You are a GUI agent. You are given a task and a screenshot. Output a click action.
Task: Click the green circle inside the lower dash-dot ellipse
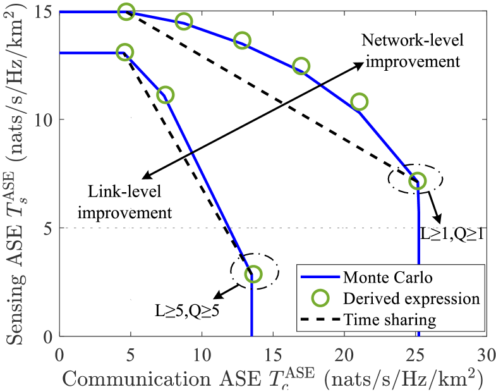click(253, 273)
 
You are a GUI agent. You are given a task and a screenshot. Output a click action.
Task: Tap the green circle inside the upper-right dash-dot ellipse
click(416, 181)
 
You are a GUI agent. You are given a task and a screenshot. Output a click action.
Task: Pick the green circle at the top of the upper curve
click(127, 11)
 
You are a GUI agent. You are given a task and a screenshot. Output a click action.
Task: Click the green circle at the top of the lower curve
click(125, 52)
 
